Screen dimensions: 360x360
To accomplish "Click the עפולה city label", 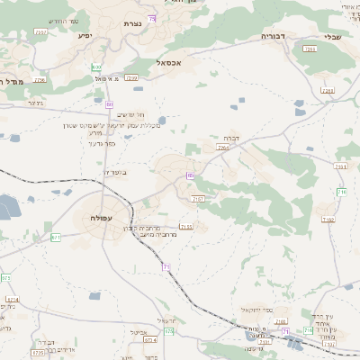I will [x=100, y=218].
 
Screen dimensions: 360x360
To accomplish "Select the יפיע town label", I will [x=85, y=36].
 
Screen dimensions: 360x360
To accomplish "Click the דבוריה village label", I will [x=273, y=36].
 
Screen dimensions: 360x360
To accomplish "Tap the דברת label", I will [x=229, y=137].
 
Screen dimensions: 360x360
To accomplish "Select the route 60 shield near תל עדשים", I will [x=110, y=104].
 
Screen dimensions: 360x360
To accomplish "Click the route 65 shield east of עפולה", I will [x=191, y=175].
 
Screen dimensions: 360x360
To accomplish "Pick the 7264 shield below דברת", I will [x=222, y=148].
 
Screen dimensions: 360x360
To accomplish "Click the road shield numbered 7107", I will [x=199, y=198].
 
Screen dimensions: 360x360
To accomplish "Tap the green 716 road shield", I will [x=341, y=193].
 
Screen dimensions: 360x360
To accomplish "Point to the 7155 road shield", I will [x=186, y=227].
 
